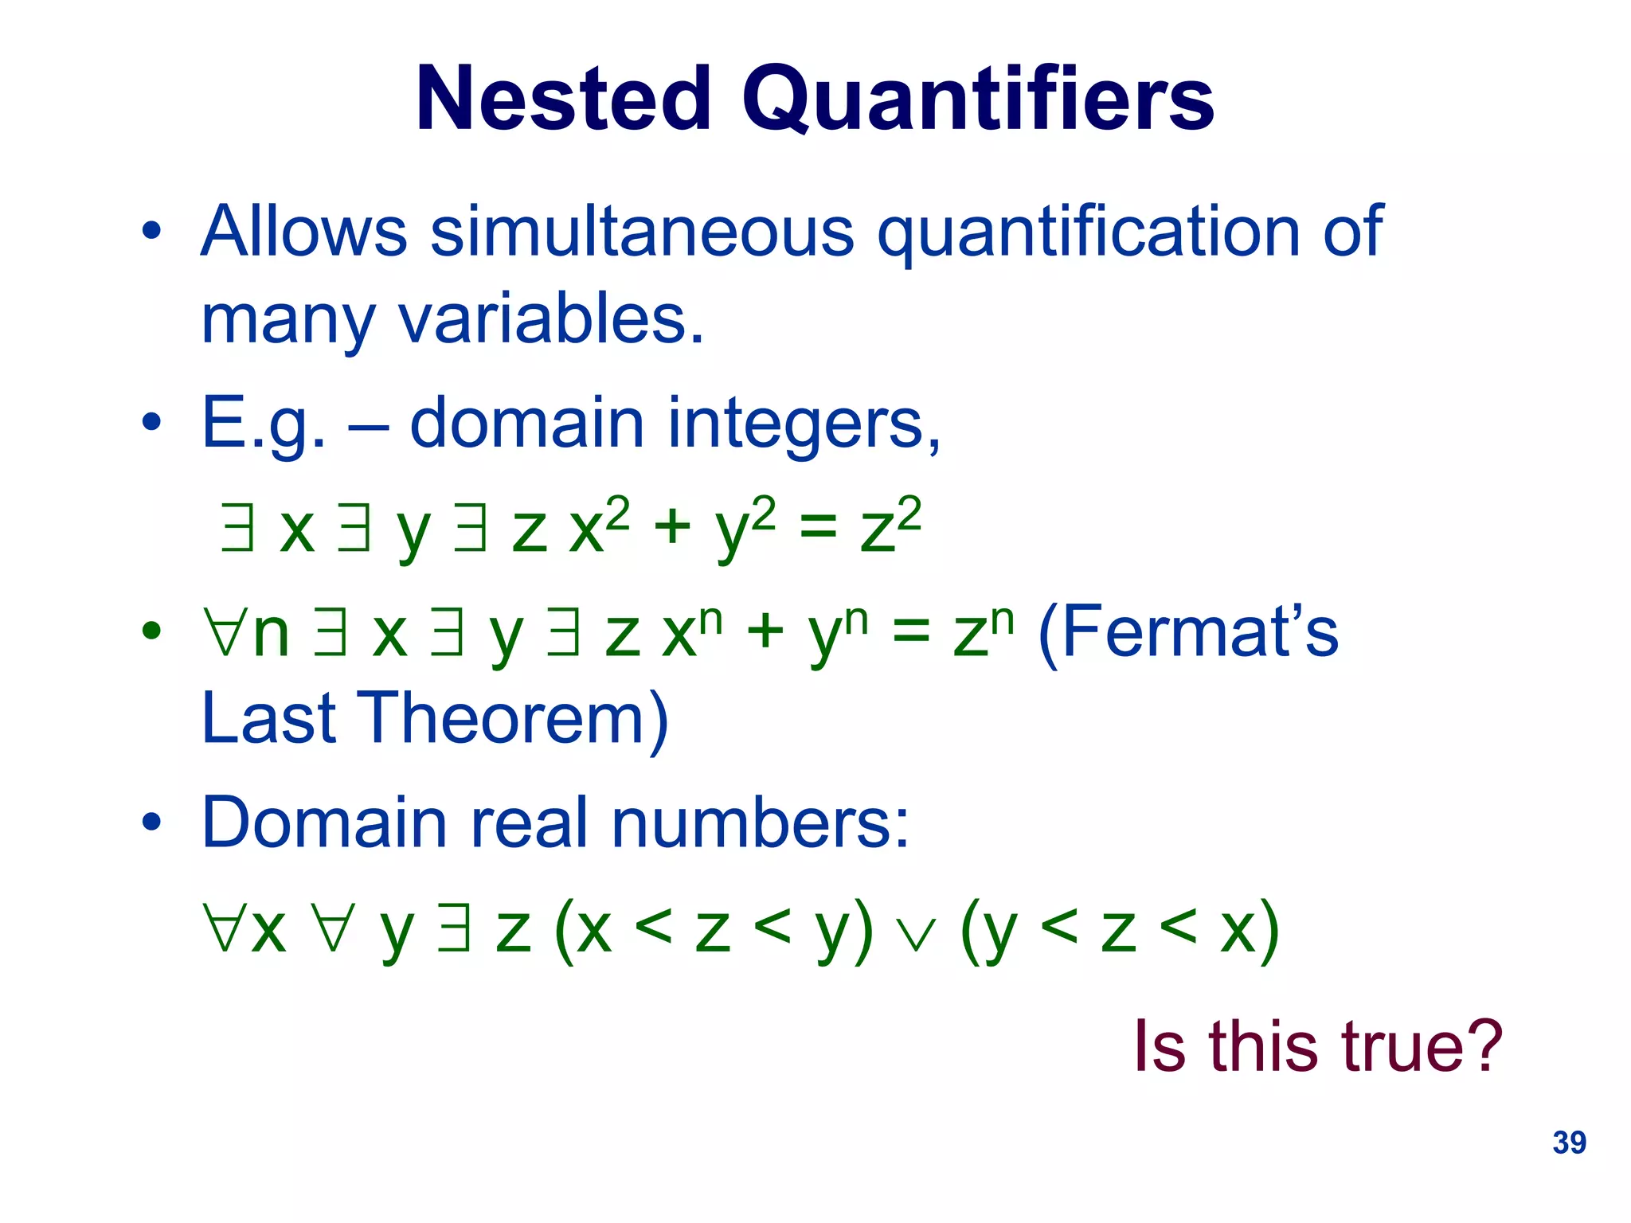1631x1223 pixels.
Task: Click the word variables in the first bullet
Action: [551, 318]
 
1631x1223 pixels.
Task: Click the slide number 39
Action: [1569, 1143]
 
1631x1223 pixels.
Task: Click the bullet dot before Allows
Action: [151, 232]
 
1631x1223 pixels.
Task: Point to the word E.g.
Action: [263, 424]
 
